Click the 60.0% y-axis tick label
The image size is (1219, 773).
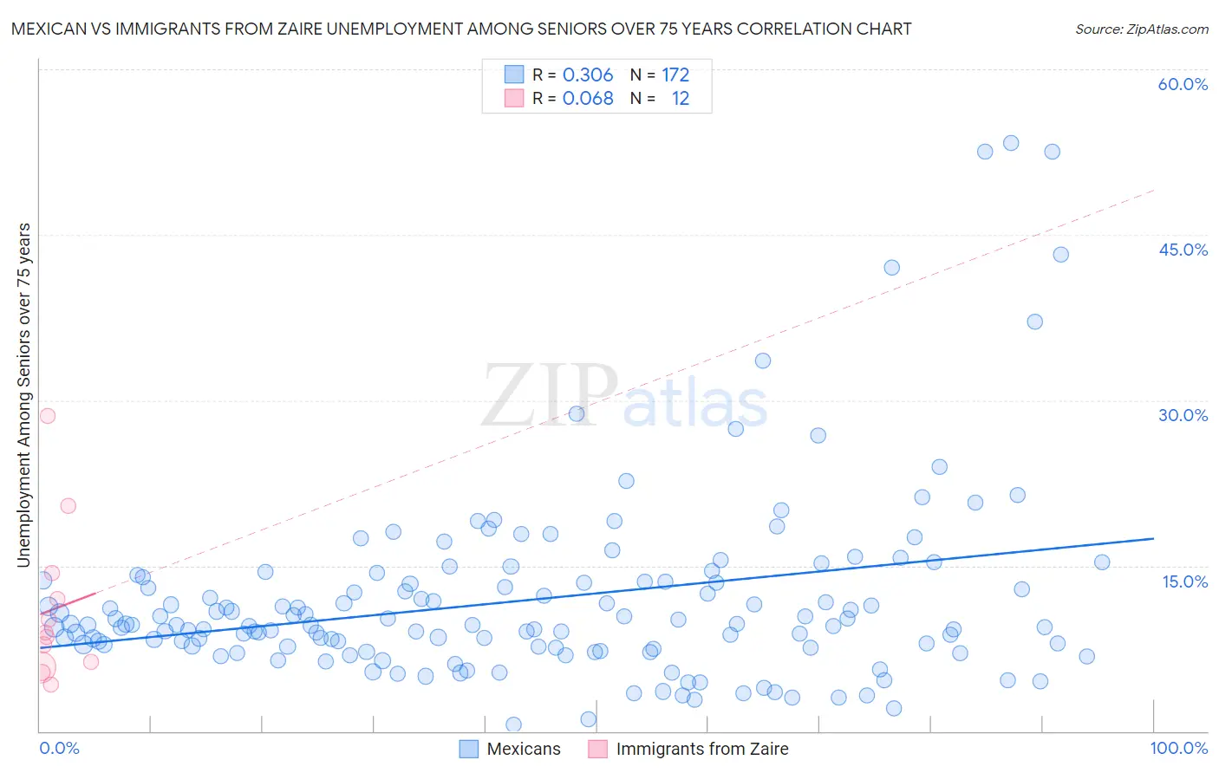(1183, 84)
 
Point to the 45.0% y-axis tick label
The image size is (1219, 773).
(1183, 250)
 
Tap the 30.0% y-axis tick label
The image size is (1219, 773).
(1183, 415)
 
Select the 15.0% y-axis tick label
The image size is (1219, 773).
(1184, 581)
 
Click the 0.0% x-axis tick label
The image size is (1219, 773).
(59, 748)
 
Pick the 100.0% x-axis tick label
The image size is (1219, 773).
(1178, 748)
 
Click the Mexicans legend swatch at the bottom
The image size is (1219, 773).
(468, 749)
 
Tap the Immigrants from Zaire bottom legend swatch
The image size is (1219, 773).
(597, 749)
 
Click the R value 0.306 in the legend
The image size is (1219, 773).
(588, 75)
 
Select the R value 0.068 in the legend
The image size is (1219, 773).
(588, 99)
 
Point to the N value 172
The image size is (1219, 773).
(675, 75)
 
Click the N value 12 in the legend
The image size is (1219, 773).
(681, 99)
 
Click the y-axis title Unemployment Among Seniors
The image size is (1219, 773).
(23, 395)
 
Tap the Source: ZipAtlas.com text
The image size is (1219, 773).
(1141, 29)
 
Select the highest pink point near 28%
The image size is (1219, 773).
(48, 415)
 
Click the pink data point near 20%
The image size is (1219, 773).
(68, 506)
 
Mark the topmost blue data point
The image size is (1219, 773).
(1011, 143)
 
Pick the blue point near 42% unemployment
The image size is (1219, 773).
(891, 268)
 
